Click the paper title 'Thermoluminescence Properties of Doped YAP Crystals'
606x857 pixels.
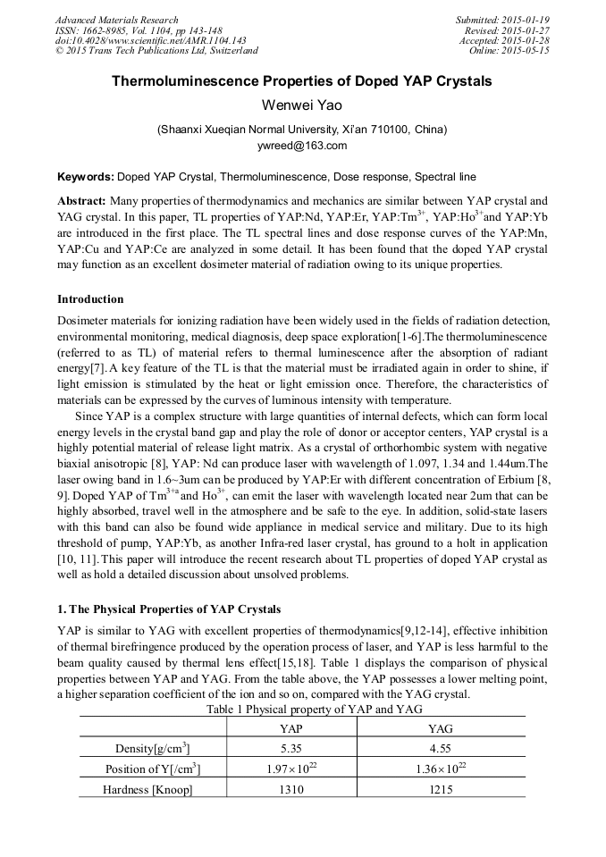[x=302, y=81]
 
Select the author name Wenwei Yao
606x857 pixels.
[x=302, y=105]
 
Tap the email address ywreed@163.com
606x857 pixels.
[x=302, y=146]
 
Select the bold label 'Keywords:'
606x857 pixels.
[x=85, y=177]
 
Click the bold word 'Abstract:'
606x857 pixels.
[x=82, y=201]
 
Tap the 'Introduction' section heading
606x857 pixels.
[x=90, y=298]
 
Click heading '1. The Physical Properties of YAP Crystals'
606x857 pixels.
[x=169, y=609]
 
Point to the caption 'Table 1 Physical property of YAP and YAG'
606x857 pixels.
[x=302, y=709]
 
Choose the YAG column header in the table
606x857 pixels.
[x=442, y=729]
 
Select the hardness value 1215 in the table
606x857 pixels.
[x=442, y=789]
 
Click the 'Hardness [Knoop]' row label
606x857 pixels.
[x=148, y=789]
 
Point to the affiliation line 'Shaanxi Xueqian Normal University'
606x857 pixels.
[x=302, y=130]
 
